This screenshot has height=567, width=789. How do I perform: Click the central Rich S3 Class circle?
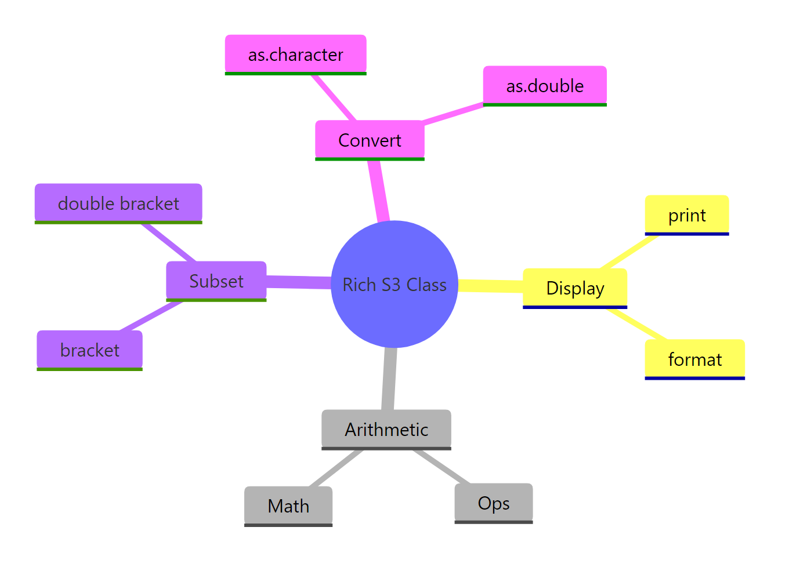[395, 284]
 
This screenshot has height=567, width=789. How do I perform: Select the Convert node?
[370, 140]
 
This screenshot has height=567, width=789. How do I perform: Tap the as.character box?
[295, 54]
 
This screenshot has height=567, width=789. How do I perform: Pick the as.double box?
[545, 86]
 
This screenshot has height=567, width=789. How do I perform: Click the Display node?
[575, 288]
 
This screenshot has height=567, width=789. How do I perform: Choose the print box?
[686, 215]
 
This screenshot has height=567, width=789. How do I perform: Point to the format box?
[694, 359]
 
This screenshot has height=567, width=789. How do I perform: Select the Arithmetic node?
[386, 429]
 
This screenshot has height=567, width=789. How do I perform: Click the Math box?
[288, 506]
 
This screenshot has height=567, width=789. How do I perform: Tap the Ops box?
[493, 503]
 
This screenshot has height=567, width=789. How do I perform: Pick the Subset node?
[216, 281]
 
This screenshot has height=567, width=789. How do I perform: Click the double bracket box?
[118, 203]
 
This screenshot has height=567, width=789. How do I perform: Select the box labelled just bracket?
[89, 350]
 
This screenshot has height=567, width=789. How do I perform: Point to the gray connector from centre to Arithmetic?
[390, 379]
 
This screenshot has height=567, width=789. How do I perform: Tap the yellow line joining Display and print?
[628, 252]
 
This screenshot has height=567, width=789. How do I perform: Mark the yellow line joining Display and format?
[636, 324]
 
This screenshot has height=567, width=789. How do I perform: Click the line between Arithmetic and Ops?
[441, 466]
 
